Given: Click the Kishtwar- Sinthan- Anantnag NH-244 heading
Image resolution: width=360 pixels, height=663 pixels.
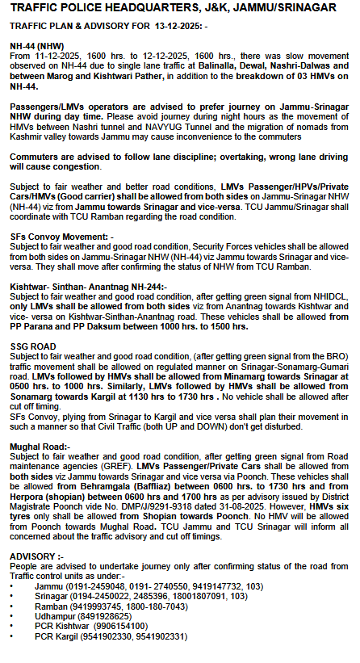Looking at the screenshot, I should [x=88, y=287].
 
